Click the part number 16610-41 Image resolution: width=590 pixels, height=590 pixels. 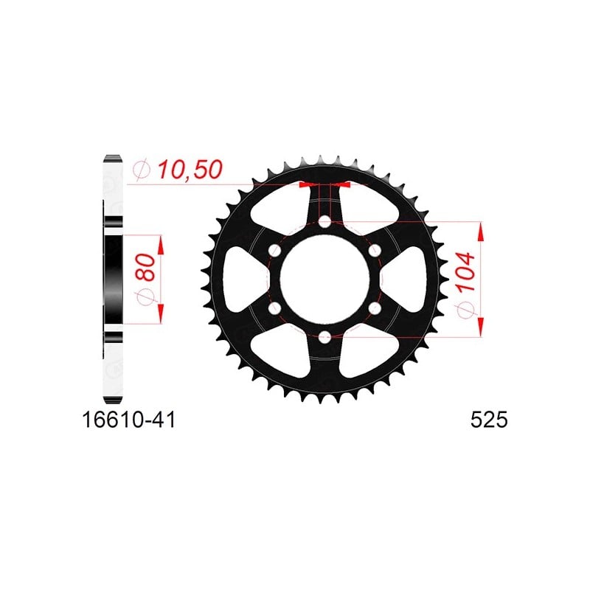[128, 420]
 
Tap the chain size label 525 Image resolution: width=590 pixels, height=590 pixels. [489, 420]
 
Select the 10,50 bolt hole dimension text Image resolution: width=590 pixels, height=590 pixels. [190, 170]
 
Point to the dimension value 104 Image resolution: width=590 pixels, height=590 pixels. [465, 272]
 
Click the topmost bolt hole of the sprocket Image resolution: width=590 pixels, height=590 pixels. [324, 222]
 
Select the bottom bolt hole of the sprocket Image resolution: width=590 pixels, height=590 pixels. [324, 337]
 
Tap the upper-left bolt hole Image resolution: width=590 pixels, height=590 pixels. [274, 251]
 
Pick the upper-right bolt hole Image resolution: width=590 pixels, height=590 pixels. [375, 251]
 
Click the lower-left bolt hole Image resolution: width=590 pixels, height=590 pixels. [274, 308]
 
